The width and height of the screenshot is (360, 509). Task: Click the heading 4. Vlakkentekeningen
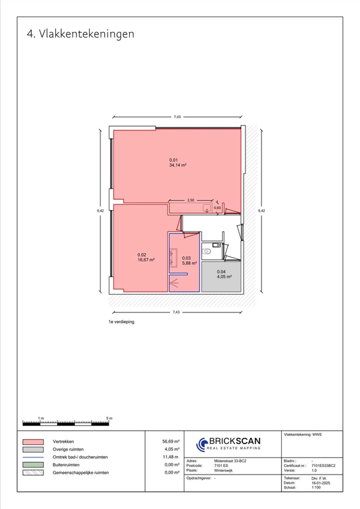(x=81, y=34)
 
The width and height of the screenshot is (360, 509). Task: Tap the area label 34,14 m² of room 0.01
(x=177, y=165)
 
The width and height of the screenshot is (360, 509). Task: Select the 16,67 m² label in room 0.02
(x=146, y=260)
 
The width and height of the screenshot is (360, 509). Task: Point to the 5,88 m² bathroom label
(x=190, y=263)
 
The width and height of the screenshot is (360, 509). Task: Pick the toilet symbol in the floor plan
(x=206, y=251)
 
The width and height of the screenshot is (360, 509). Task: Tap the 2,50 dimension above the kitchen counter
(x=191, y=200)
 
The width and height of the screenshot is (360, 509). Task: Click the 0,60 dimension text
(x=217, y=208)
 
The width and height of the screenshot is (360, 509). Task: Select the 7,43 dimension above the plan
(x=177, y=117)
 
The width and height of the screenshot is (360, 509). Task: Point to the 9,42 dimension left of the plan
(x=100, y=211)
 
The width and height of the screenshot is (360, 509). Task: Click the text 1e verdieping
(x=121, y=322)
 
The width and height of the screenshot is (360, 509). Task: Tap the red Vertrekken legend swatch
(x=33, y=442)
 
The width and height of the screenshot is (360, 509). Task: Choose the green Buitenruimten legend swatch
(x=33, y=465)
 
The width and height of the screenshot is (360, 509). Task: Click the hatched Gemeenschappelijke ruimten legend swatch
(x=33, y=473)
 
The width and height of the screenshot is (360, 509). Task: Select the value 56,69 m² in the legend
(x=170, y=442)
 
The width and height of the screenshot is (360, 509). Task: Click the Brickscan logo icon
(x=202, y=444)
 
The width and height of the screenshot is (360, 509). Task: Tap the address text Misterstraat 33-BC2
(x=230, y=461)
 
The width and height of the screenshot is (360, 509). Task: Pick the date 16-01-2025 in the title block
(x=321, y=483)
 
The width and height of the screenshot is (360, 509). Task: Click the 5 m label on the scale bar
(x=109, y=418)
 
